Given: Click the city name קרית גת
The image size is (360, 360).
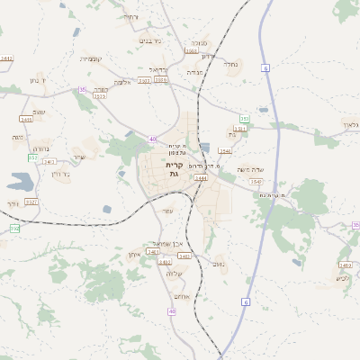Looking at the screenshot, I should (175, 169).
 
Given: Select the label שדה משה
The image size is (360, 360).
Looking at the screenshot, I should (248, 169).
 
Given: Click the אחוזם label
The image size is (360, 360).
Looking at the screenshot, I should (181, 297).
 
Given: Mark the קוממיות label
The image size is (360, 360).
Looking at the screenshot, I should (91, 59).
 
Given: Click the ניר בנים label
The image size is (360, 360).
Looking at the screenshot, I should (151, 40).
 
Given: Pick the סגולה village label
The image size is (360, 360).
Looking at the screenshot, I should (199, 42).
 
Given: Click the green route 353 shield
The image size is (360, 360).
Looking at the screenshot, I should (244, 118).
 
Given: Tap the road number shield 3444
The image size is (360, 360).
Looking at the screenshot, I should (201, 178).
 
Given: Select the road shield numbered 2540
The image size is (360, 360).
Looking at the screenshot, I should (224, 151).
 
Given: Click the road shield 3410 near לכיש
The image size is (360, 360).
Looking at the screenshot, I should (345, 265).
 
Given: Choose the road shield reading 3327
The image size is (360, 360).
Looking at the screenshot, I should (31, 202).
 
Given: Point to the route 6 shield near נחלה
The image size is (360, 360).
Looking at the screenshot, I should (266, 68).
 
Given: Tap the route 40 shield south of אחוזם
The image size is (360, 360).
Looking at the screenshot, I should (172, 310).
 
